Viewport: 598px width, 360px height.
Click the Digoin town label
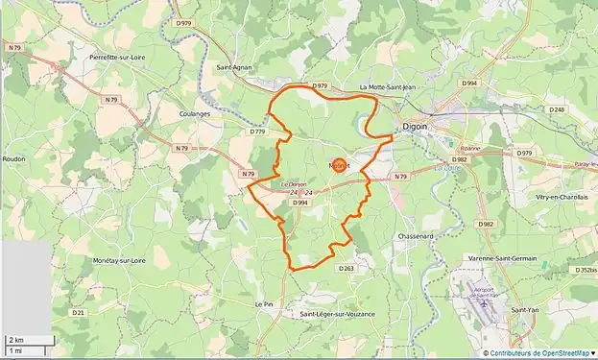pyautogui.click(x=414, y=126)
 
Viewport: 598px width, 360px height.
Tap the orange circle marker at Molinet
pyautogui.click(x=339, y=165)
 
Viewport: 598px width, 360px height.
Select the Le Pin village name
pyautogui.click(x=264, y=303)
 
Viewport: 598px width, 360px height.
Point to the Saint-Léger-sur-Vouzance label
pyautogui.click(x=337, y=314)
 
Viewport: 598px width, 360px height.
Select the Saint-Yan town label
pyautogui.click(x=525, y=310)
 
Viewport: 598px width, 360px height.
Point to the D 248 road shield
pyautogui.click(x=558, y=110)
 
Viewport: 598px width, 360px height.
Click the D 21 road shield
pyautogui.click(x=78, y=312)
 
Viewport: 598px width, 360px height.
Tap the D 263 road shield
pyautogui.click(x=346, y=268)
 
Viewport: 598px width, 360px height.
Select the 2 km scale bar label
pyautogui.click(x=15, y=340)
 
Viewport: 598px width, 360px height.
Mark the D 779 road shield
pyautogui.click(x=256, y=132)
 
